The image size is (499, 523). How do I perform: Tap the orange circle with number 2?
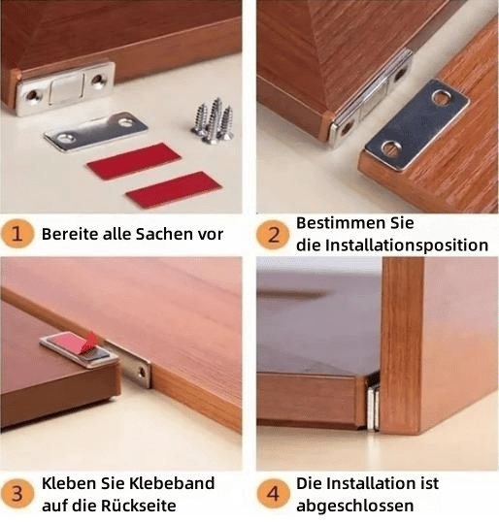(273, 234)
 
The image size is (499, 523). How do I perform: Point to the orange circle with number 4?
(273, 494)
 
